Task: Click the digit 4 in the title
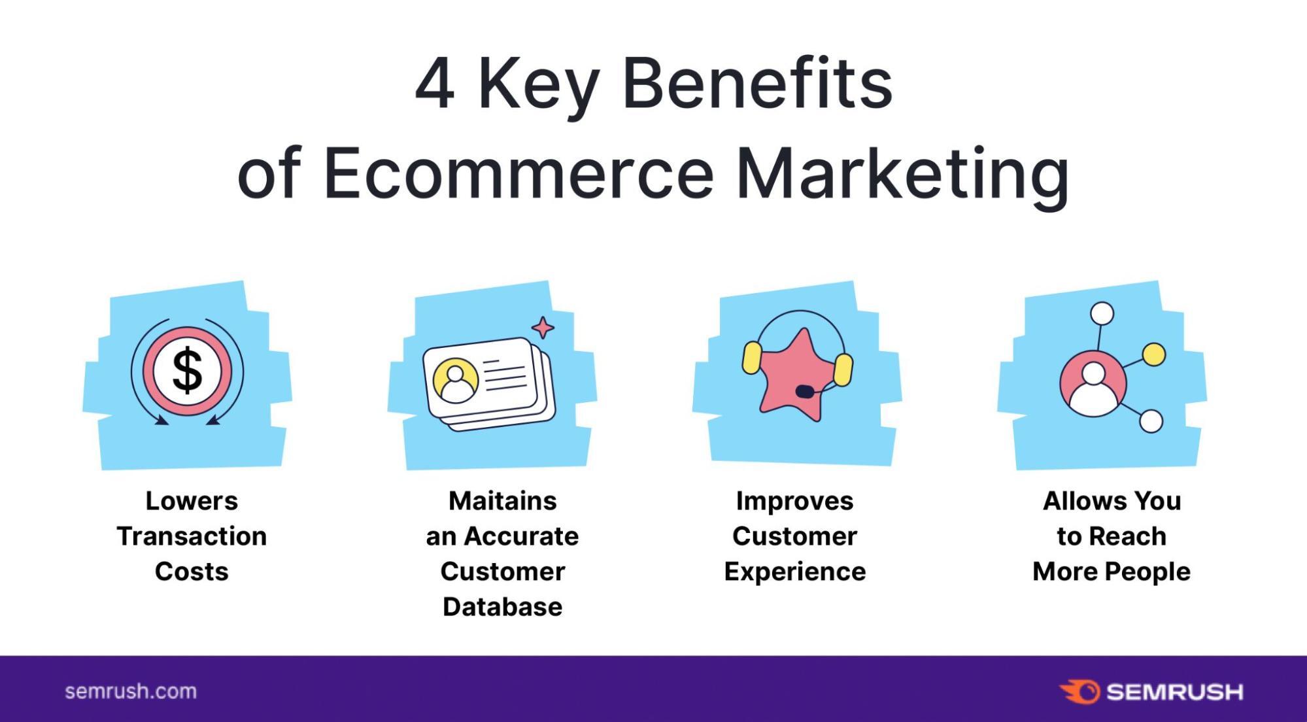click(435, 84)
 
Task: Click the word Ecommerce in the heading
click(518, 174)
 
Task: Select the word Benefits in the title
click(757, 83)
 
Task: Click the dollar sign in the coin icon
click(187, 371)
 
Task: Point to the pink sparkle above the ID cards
click(543, 328)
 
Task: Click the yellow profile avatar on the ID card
click(456, 380)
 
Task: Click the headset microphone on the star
click(805, 391)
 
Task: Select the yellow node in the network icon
click(1154, 354)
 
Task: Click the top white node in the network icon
click(1102, 313)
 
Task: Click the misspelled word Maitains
click(502, 501)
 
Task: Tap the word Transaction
click(192, 536)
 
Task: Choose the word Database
click(502, 607)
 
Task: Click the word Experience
click(794, 572)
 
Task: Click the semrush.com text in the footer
click(131, 691)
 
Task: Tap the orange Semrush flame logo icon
click(1080, 691)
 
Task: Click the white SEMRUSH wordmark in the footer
click(1175, 692)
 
